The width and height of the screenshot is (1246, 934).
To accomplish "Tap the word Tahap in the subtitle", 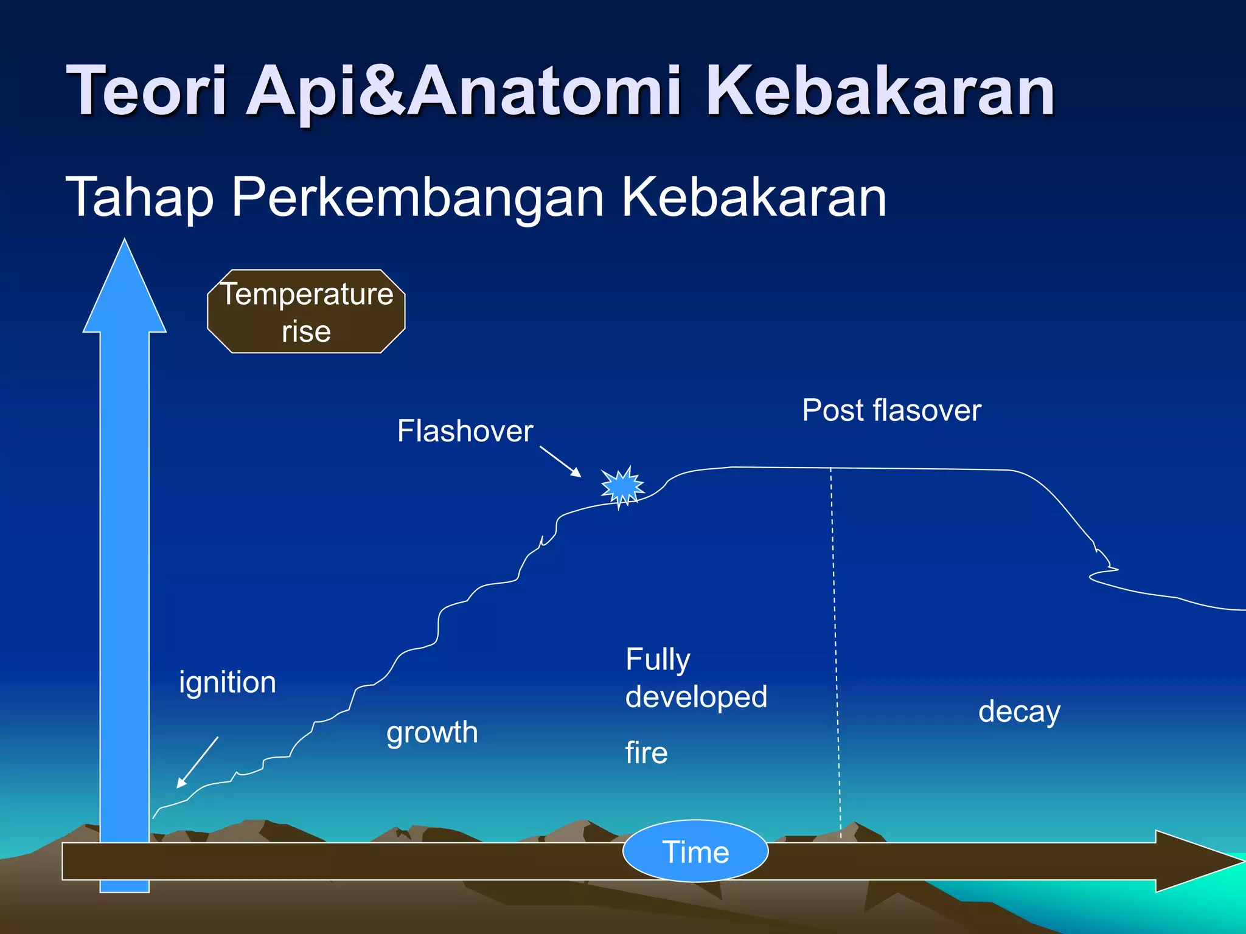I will coord(140,197).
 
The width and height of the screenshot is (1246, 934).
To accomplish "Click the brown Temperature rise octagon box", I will coord(306,312).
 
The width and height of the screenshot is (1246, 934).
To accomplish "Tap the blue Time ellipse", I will coord(695,851).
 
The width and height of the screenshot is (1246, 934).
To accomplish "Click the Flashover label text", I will coord(465,431).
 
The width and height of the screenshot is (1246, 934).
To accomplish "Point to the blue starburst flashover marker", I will coord(622,486).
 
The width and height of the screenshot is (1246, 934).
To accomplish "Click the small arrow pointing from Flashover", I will coord(560,462).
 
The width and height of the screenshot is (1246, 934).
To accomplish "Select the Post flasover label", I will coord(891,410).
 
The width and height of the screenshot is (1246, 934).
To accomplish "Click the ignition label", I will coord(228,682).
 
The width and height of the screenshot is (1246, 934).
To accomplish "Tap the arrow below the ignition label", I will coord(197,763).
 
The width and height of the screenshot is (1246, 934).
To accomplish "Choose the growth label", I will coord(432,732).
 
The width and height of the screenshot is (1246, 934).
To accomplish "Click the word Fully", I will coord(658,660).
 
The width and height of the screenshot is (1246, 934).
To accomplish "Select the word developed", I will coord(696,697).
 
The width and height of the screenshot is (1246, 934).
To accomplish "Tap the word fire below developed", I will coord(646,753).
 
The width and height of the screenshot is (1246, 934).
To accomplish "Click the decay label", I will coord(1019,711).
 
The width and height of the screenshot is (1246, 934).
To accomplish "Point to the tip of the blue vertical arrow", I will coord(125,243).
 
